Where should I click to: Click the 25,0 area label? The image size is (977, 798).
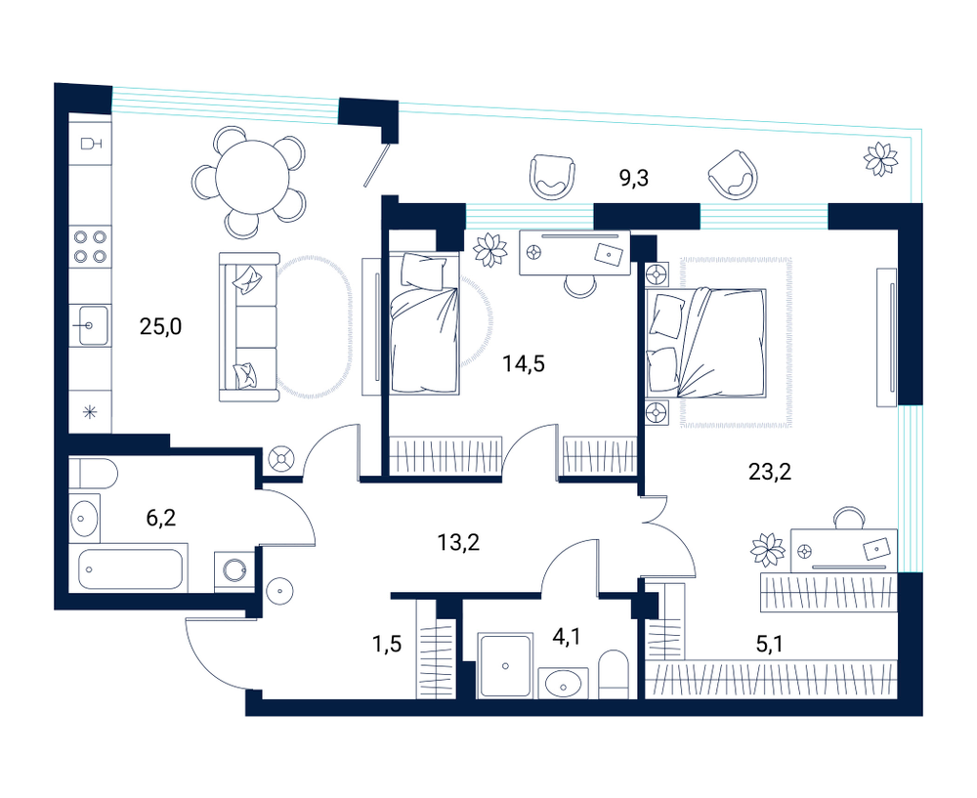tap(161, 326)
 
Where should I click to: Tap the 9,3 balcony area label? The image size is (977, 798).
tap(634, 179)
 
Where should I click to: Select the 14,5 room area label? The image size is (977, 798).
tap(524, 363)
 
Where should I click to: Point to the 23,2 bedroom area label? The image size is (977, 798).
tap(770, 472)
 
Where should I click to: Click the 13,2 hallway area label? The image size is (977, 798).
tap(458, 543)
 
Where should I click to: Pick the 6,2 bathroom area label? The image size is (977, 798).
tap(161, 517)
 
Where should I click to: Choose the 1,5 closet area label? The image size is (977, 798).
tap(386, 644)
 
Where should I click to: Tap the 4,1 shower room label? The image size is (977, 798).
tap(567, 637)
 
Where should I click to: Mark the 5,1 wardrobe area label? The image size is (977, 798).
tap(769, 644)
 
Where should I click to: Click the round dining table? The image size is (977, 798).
tap(252, 178)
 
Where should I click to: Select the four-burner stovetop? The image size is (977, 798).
tap(90, 246)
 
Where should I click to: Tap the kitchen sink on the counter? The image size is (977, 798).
tap(90, 324)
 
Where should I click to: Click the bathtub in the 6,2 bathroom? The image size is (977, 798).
tap(131, 568)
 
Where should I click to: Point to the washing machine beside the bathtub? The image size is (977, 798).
tap(234, 570)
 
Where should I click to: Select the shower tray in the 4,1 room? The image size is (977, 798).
tap(505, 666)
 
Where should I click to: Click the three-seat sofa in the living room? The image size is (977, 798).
tap(249, 327)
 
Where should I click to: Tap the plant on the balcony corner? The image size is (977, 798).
tap(880, 159)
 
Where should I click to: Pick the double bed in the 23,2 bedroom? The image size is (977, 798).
tap(706, 342)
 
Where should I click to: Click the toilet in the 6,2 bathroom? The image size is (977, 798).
tap(93, 475)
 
